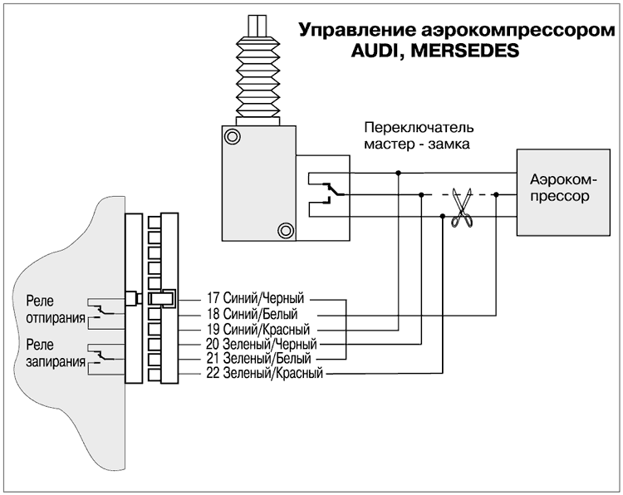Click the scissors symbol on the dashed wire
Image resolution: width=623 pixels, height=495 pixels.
click(x=462, y=208)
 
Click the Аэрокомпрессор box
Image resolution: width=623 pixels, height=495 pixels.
click(x=563, y=193)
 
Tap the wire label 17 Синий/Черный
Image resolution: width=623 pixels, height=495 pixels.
click(x=255, y=298)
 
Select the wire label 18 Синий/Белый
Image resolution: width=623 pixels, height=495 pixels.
click(x=252, y=314)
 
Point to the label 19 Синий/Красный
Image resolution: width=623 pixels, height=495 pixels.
click(x=258, y=330)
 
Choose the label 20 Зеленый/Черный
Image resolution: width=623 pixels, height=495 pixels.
click(x=261, y=344)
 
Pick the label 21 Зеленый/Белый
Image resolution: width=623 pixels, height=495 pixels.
click(x=258, y=359)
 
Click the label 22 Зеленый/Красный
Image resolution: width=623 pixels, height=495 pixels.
click(x=264, y=374)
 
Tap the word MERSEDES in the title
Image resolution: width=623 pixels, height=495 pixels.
click(x=465, y=51)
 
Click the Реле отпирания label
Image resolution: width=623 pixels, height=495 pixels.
click(x=56, y=310)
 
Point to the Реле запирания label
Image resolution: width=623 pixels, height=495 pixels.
click(x=56, y=353)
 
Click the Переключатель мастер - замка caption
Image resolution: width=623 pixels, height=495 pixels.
click(x=419, y=135)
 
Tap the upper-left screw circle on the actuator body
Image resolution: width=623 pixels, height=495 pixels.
click(x=232, y=137)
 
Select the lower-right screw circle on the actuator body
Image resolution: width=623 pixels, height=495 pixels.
click(x=286, y=230)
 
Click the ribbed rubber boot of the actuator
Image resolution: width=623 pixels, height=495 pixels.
click(x=258, y=76)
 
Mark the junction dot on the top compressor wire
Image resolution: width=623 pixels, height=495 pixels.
click(x=399, y=173)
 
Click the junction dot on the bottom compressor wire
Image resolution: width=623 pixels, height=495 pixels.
click(x=443, y=216)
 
